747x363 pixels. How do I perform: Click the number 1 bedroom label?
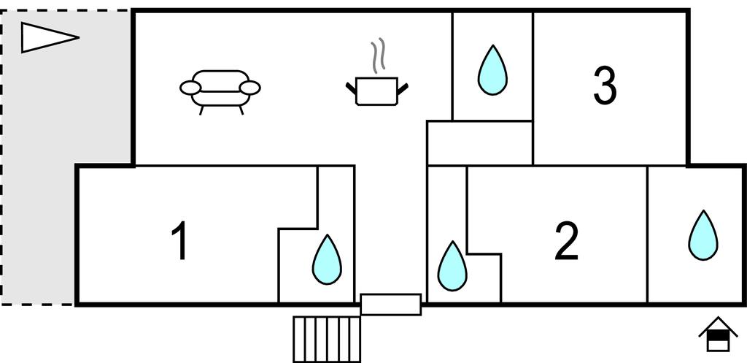click(x=179, y=242)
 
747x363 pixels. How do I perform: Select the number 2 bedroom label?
click(x=566, y=241)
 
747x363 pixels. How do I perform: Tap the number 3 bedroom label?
click(x=604, y=85)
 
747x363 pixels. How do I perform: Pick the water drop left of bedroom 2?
click(x=452, y=265)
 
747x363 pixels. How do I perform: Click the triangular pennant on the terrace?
click(x=44, y=37)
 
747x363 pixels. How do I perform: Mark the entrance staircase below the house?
click(x=326, y=338)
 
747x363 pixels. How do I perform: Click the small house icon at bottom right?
click(x=718, y=335)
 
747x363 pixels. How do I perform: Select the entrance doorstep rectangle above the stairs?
click(x=391, y=304)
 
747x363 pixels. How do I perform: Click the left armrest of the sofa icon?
click(x=190, y=88)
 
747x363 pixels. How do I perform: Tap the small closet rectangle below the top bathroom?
click(x=479, y=142)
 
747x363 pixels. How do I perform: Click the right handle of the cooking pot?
click(x=402, y=89)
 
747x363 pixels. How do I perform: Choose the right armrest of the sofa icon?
click(x=251, y=88)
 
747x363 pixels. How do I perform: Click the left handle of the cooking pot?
click(x=351, y=90)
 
